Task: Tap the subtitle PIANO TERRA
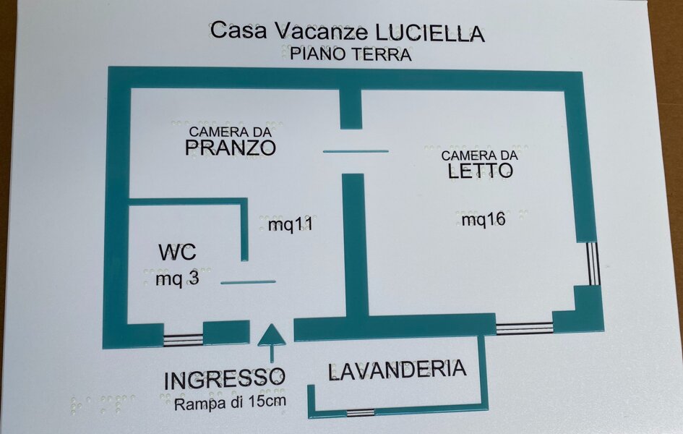(351, 54)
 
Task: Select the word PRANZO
(231, 148)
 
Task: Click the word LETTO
(480, 171)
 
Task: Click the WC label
(177, 253)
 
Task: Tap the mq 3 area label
(177, 278)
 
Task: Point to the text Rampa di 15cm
(230, 402)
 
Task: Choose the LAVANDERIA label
(397, 370)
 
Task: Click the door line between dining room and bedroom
(356, 151)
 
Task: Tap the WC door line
(248, 282)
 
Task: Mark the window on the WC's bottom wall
(183, 338)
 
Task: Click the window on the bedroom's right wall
(593, 263)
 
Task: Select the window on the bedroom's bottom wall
(524, 328)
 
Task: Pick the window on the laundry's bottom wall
(361, 412)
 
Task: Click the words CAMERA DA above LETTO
(480, 155)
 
